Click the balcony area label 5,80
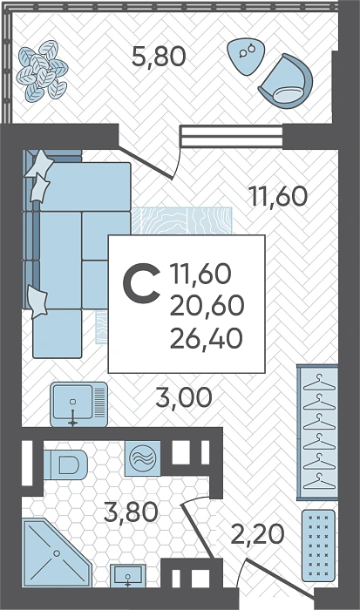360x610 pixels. (159, 56)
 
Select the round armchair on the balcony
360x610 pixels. (286, 81)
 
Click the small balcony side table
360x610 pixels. (246, 55)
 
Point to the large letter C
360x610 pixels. (142, 283)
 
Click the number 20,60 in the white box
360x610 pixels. (207, 305)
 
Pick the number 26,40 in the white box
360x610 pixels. (207, 338)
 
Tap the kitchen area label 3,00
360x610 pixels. (184, 397)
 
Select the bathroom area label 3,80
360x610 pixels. (131, 512)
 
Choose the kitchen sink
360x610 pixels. (79, 404)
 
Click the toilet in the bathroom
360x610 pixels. (65, 464)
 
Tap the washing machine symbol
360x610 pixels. (142, 457)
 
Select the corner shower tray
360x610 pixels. (57, 552)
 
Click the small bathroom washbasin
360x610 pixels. (127, 576)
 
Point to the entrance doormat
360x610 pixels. (318, 546)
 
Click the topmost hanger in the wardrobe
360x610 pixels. (319, 383)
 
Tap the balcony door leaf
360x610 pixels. (146, 164)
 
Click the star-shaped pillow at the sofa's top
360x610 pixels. (40, 164)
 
